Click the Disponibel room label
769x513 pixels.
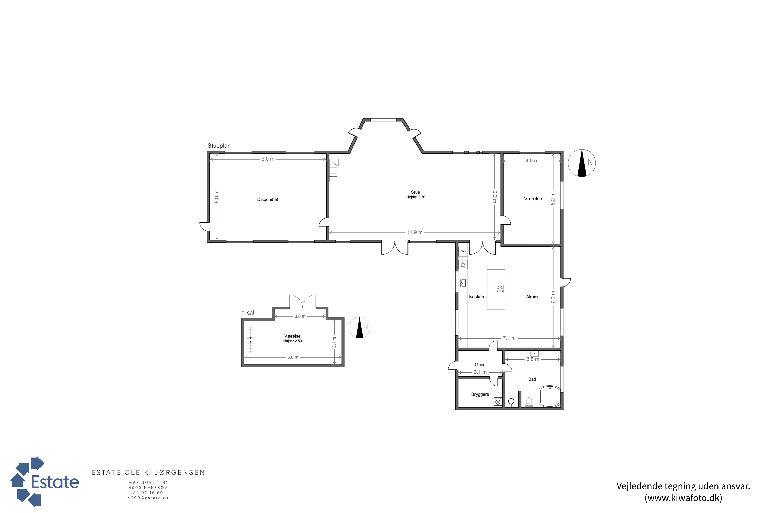click(267, 200)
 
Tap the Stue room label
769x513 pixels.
click(415, 192)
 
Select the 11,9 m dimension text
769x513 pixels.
click(414, 233)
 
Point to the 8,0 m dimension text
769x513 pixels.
click(268, 159)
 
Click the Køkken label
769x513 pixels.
click(476, 297)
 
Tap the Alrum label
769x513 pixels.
click(532, 297)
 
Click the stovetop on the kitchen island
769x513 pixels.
click(500, 289)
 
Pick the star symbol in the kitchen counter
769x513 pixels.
click(463, 265)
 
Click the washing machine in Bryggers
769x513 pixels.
click(498, 401)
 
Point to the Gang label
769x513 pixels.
click(480, 365)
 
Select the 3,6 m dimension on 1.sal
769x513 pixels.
click(300, 316)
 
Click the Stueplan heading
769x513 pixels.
click(219, 146)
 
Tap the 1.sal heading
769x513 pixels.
click(248, 313)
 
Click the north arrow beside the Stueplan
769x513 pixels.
click(582, 163)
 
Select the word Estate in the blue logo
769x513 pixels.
click(55, 482)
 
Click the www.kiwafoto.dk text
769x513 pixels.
click(683, 498)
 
